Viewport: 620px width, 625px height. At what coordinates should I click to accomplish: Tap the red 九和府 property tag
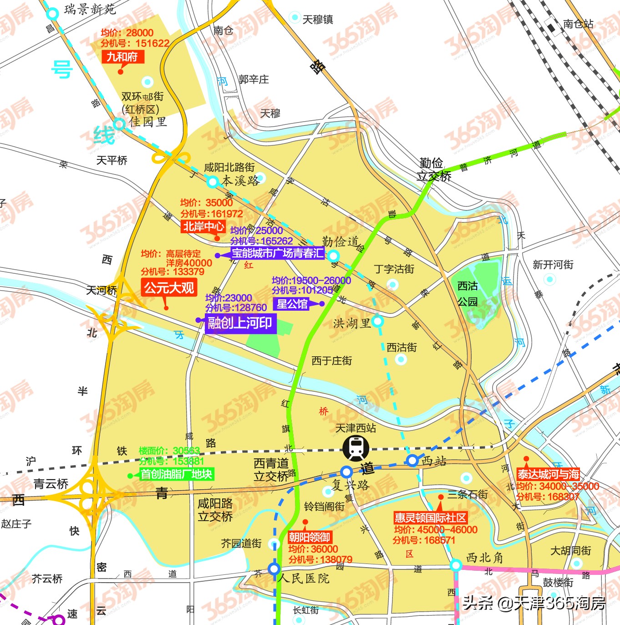[122, 57]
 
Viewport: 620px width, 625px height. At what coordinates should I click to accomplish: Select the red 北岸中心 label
[203, 226]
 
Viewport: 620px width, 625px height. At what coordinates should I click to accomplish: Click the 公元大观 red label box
[169, 288]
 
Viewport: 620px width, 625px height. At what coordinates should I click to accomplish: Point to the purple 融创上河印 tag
[240, 323]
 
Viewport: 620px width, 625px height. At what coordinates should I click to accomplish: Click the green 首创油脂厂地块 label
[176, 474]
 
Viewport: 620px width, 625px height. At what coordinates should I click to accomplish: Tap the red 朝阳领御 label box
[310, 537]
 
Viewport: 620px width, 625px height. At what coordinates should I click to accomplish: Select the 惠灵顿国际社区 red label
[430, 518]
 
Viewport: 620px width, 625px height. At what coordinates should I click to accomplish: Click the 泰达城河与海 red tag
[548, 474]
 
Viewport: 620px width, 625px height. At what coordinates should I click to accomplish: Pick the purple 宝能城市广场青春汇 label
[278, 254]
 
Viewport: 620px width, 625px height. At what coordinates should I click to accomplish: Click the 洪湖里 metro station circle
[377, 321]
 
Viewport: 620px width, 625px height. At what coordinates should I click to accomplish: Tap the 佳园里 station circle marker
[119, 123]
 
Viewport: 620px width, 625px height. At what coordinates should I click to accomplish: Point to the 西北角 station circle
[456, 566]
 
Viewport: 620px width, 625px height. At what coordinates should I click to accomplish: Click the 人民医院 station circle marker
[274, 569]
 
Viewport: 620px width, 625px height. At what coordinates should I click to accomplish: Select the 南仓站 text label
[578, 24]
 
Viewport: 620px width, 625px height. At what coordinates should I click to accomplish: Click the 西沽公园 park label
[468, 293]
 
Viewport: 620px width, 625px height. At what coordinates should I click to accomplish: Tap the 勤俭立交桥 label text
[432, 169]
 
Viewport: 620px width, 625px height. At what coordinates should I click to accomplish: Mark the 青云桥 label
[51, 484]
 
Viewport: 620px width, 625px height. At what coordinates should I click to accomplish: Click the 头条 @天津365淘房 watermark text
[534, 603]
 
